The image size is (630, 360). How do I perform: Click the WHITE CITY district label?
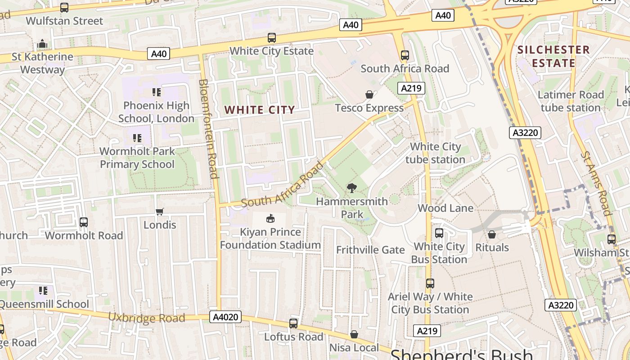pos(260,110)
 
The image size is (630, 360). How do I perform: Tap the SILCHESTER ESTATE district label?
pos(553,56)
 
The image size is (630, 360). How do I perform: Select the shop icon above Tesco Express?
pos(369,94)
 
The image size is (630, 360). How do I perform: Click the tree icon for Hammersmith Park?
pos(352,188)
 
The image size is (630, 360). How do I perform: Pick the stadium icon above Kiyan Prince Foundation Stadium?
pos(270,219)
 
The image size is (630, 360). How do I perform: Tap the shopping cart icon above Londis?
pos(159,211)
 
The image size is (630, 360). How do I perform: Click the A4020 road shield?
pos(225,317)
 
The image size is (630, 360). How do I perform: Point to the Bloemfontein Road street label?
pos(209,129)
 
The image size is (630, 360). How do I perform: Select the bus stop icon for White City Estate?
pos(271,38)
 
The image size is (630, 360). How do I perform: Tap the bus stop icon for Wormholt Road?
pos(84,222)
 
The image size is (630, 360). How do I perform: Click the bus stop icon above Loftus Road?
pos(293,323)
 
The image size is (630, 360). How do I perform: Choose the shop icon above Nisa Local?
pos(354,334)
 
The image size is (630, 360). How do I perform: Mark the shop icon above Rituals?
pos(492,234)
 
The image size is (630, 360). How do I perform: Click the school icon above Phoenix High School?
pos(156,92)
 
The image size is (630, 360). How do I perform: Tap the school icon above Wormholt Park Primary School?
pos(137,138)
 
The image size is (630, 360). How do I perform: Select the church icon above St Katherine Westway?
pos(42,44)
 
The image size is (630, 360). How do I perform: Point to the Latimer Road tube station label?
pos(571,101)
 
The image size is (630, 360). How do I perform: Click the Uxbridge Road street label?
pos(147,318)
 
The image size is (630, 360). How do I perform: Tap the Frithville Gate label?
pos(370,250)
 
